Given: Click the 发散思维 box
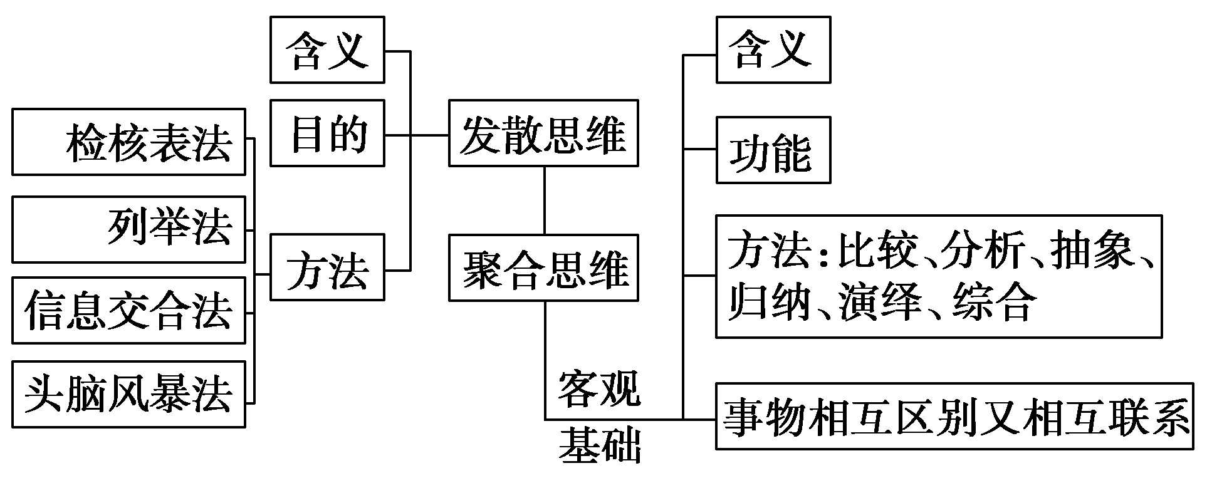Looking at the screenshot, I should click(543, 133).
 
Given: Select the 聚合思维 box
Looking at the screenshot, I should click(543, 267).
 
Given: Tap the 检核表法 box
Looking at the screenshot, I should click(128, 142).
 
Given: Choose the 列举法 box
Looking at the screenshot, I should click(128, 229).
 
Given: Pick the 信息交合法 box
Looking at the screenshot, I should click(128, 310).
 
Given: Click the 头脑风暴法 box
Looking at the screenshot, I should click(128, 394).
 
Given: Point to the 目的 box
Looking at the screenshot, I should click(327, 133).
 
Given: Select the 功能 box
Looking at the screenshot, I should click(773, 150).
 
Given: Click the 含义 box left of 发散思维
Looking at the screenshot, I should click(327, 50).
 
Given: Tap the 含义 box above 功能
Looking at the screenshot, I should click(773, 50).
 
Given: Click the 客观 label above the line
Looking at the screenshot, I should click(599, 388).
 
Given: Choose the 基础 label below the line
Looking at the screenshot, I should click(599, 446).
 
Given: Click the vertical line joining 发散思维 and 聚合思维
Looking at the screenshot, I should click(544, 200).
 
